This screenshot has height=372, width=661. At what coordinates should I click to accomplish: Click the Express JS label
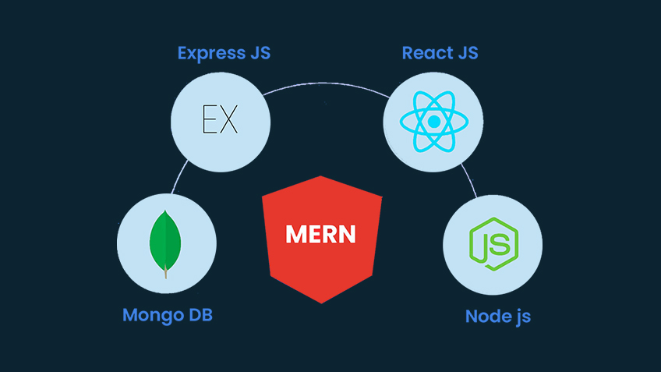224,54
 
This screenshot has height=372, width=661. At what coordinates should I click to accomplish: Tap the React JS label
440,54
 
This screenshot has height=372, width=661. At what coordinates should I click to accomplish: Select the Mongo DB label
167,316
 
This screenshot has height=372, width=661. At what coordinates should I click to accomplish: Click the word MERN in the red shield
321,233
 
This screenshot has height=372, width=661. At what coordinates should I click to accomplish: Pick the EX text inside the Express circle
221,122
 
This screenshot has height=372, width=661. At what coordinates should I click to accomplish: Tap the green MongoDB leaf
165,237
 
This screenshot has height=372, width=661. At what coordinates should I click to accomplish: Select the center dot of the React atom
434,122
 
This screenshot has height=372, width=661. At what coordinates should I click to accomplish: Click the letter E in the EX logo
210,122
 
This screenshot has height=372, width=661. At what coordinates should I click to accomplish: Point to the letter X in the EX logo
230,122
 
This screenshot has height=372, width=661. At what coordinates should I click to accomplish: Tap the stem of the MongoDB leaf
165,271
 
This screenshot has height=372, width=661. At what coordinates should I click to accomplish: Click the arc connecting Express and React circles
327,81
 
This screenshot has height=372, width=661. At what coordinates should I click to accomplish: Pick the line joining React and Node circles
470,181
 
